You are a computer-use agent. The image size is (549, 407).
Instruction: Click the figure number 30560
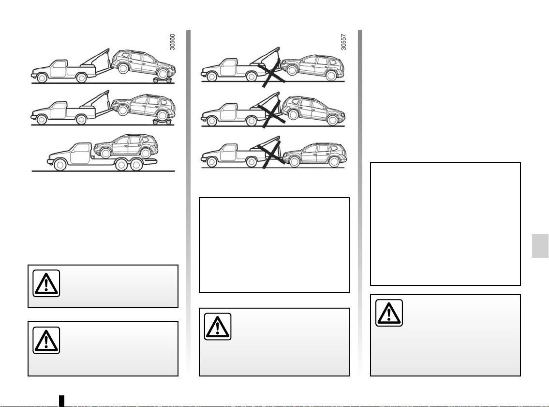172,42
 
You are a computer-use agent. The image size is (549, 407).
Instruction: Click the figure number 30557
343,42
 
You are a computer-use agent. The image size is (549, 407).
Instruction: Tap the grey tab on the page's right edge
540,246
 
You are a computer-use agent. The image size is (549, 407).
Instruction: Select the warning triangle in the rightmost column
389,313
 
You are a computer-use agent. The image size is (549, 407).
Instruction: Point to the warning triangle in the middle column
218,327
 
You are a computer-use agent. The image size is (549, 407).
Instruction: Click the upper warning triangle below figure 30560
46,283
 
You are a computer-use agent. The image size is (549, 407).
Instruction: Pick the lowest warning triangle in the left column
46,340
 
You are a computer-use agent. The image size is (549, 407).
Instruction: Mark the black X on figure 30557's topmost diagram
272,73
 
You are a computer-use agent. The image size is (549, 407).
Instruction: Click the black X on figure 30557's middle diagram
272,114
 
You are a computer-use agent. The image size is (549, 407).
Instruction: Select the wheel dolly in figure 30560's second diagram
162,122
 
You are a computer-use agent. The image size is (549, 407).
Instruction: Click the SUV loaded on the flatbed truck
126,145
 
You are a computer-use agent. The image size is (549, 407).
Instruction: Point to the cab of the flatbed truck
80,153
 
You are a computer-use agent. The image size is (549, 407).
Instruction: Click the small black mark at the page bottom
61,401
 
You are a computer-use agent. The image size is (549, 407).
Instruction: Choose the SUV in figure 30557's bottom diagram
314,155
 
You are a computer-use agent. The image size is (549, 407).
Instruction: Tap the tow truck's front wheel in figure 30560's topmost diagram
42,78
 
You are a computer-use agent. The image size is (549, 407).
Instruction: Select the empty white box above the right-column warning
445,224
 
